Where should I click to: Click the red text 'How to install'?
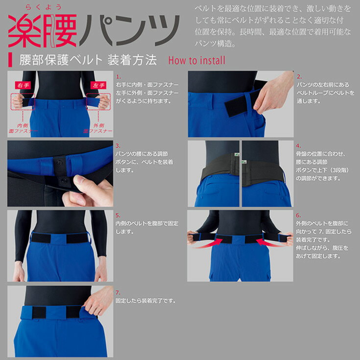[x=196, y=61]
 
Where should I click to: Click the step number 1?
[x=118, y=77]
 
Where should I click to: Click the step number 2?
[x=299, y=77]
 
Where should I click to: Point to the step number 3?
[x=118, y=146]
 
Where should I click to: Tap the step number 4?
[x=299, y=146]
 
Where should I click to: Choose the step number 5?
[x=118, y=215]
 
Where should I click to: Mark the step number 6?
[x=299, y=215]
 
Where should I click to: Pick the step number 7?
[x=118, y=292]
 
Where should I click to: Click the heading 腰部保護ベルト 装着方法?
[x=88, y=60]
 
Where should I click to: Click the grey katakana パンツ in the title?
[x=127, y=30]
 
